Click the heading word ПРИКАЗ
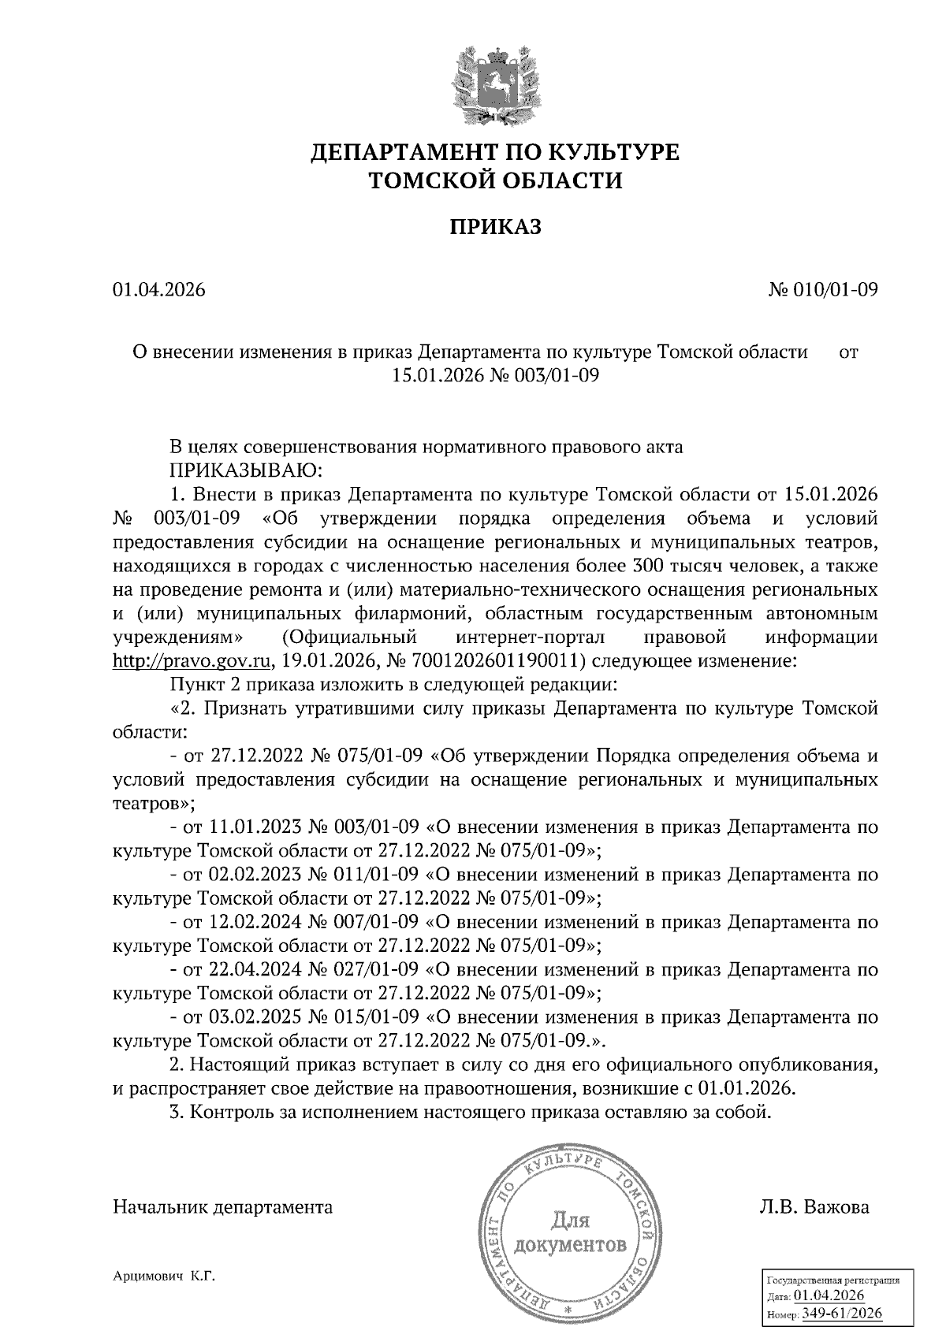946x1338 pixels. (x=496, y=228)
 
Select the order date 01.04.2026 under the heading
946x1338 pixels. (x=158, y=290)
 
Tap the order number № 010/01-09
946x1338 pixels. (x=822, y=290)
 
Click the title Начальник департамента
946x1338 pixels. (x=223, y=1207)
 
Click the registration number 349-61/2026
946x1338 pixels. (x=841, y=1314)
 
